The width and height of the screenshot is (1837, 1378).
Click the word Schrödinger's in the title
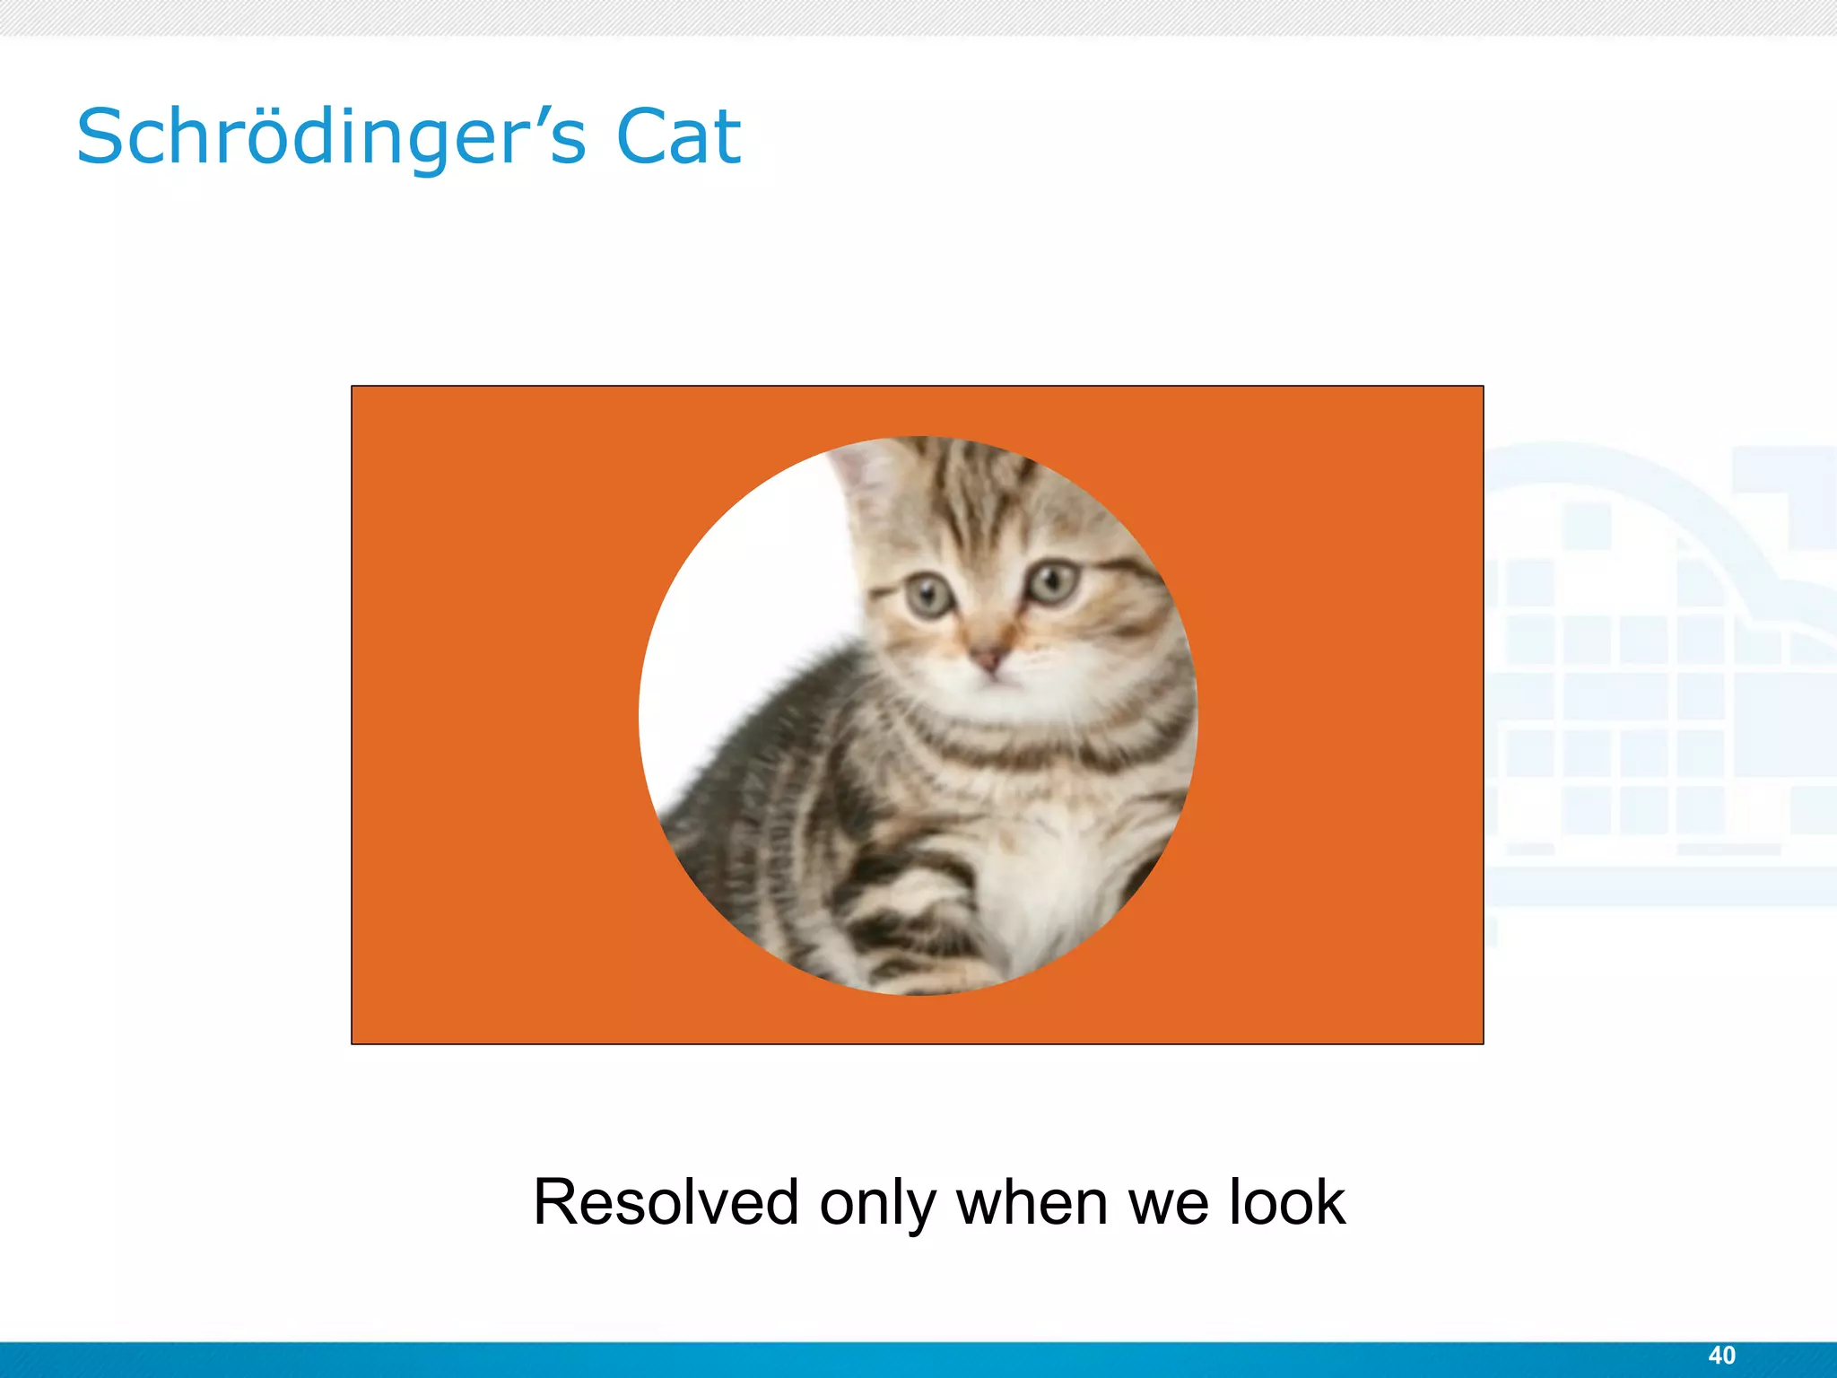pos(332,137)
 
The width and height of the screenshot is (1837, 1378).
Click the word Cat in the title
pos(678,137)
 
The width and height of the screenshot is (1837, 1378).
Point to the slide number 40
pos(1721,1356)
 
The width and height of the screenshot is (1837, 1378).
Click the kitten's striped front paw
pos(906,933)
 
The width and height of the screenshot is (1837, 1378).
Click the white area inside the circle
pos(736,628)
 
